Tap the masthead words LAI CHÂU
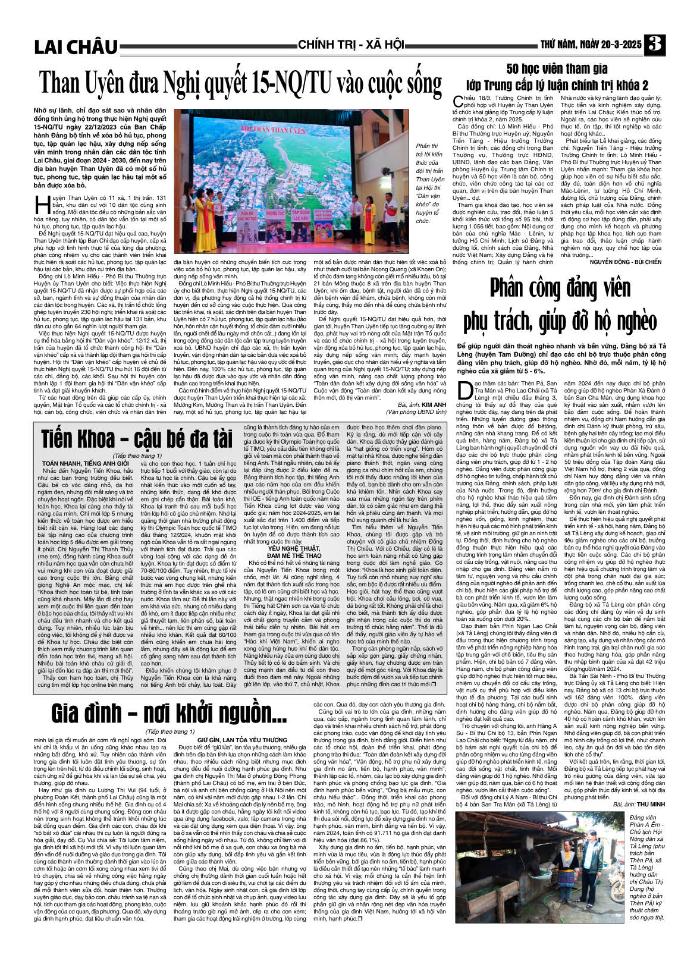tap(76, 47)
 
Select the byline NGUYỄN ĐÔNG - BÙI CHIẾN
tap(626, 262)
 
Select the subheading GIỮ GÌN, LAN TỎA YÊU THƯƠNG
tap(243, 740)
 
